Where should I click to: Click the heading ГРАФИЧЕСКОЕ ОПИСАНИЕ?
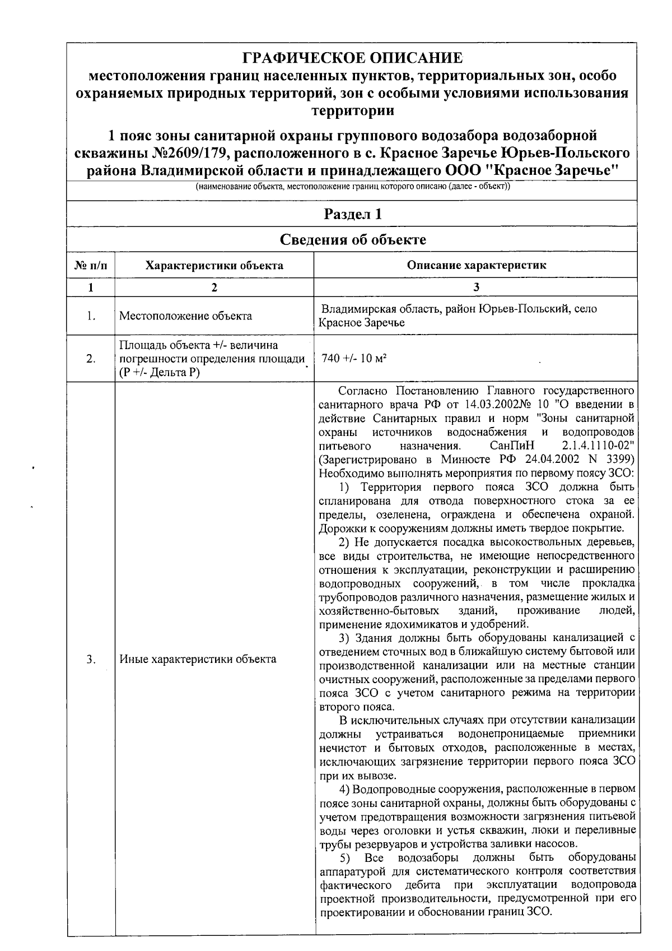(x=352, y=58)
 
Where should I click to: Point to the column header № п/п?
(x=91, y=265)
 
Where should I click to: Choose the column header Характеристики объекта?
(x=214, y=265)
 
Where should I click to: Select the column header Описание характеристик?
(x=476, y=265)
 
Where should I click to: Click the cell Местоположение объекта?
(x=185, y=316)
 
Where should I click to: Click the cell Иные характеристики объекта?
(x=198, y=659)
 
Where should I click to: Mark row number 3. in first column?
(x=91, y=659)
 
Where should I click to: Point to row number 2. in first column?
(x=91, y=359)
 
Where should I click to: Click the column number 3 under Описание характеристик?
(x=476, y=287)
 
